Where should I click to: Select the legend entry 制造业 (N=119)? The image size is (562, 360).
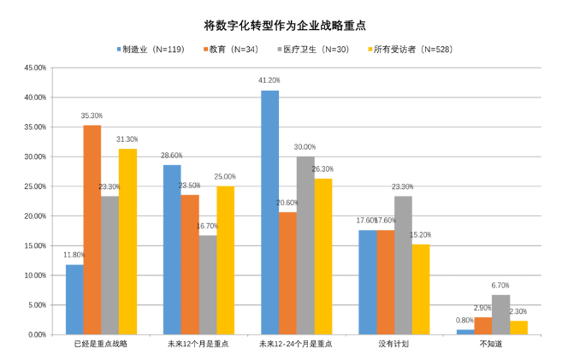(151, 49)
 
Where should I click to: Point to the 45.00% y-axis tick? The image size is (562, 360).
(33, 68)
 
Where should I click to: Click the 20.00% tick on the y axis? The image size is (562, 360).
(33, 216)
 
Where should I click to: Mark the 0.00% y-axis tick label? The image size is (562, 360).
(35, 334)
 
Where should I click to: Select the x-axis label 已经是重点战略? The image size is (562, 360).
(101, 345)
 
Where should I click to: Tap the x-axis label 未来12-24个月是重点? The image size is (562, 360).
(295, 345)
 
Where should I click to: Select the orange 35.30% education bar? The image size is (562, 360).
(92, 230)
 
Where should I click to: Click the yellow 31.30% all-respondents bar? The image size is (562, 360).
(127, 241)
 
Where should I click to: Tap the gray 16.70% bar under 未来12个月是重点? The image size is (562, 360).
(207, 285)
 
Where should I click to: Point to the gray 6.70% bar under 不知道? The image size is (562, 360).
(500, 315)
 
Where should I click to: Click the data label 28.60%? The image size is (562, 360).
(171, 156)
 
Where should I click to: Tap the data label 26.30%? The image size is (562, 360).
(322, 169)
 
